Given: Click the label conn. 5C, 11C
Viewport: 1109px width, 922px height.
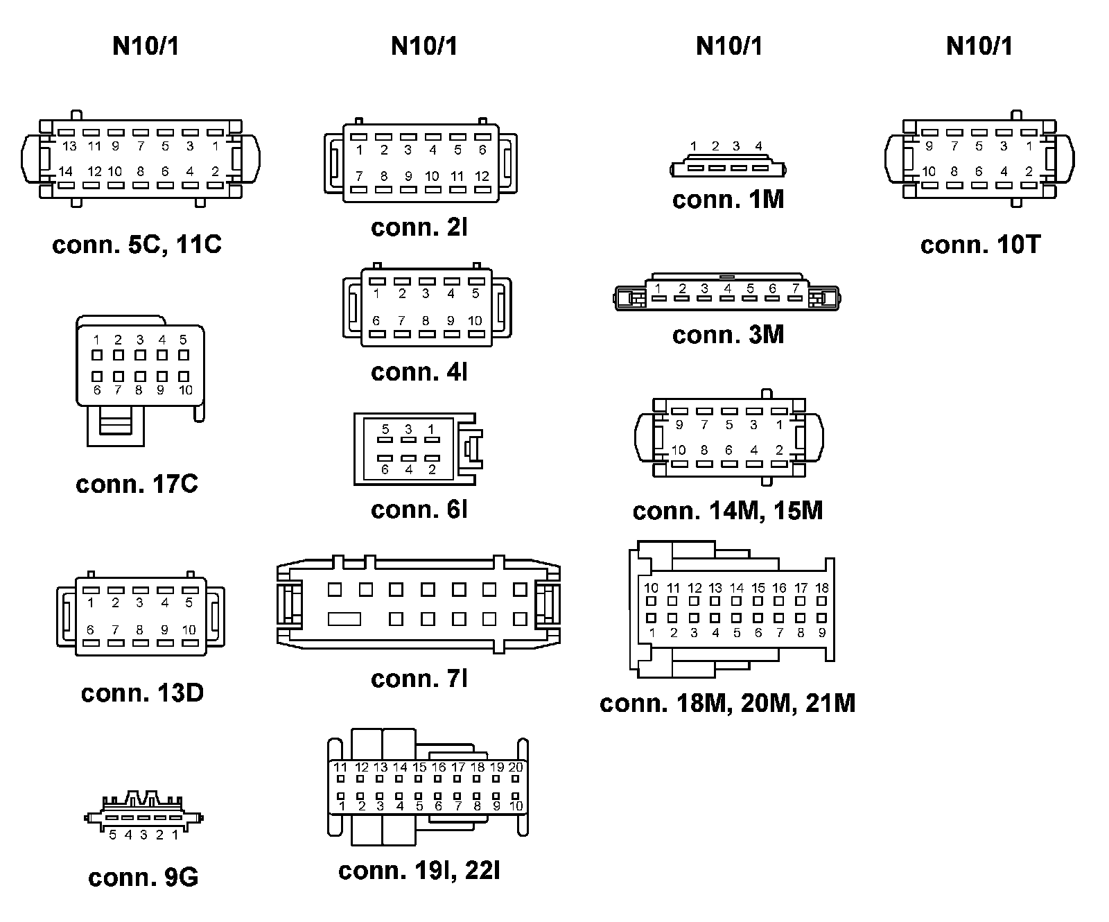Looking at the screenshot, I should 137,245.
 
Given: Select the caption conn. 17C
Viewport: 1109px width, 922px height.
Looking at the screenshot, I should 137,484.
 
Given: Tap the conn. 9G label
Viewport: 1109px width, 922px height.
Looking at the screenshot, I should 143,878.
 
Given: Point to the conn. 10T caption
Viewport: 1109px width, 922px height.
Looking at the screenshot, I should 980,245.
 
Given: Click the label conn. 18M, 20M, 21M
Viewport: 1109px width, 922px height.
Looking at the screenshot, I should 727,703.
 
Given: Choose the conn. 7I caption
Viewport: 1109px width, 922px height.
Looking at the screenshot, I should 419,679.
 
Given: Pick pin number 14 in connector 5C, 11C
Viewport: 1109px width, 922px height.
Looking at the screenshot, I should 66,171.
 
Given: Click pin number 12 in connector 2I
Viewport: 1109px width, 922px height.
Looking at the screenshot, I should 482,176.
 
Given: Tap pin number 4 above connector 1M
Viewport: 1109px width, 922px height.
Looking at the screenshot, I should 758,146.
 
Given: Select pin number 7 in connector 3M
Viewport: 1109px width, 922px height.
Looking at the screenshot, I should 795,288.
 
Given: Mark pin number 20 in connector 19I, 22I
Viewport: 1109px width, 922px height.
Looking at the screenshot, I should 516,767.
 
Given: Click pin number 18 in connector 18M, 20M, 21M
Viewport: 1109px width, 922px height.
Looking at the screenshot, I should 822,588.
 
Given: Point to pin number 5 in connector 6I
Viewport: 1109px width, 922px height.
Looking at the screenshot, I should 385,429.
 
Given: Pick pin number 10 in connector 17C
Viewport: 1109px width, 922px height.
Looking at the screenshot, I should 185,390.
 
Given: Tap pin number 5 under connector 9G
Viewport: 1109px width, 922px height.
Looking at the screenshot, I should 113,835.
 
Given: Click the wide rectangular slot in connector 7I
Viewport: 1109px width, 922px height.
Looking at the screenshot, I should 344,618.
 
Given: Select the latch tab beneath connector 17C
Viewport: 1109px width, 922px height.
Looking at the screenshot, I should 115,423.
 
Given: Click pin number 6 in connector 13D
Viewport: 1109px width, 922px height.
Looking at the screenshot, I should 91,630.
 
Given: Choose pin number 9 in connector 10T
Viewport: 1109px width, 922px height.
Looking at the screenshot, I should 929,146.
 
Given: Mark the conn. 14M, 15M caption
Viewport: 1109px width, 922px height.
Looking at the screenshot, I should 727,511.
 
